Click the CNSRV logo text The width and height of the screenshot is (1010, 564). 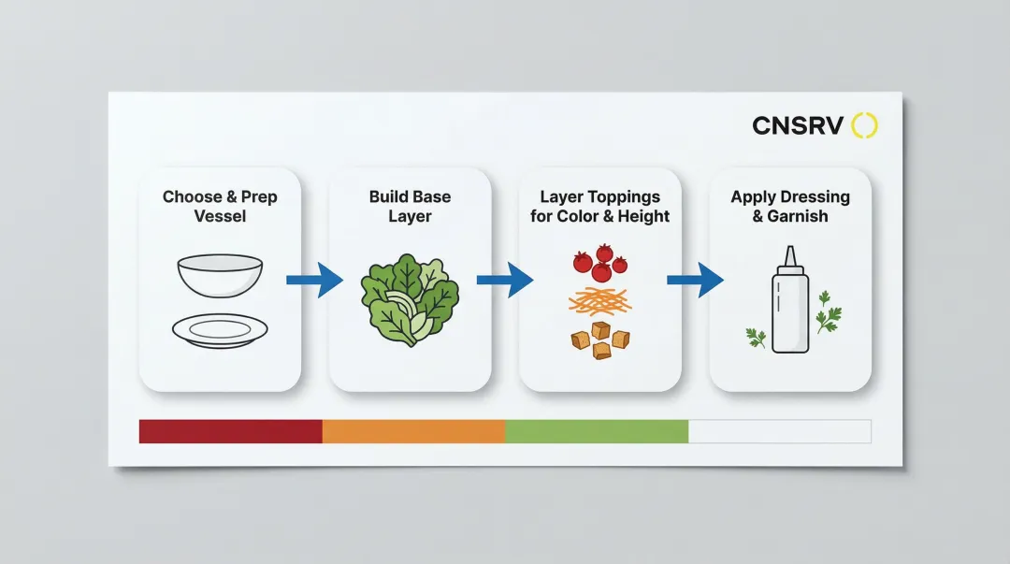pos(798,125)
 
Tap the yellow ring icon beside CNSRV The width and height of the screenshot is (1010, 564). pos(865,125)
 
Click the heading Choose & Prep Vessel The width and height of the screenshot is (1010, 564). pos(220,206)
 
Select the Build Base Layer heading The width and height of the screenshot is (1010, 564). pos(410,206)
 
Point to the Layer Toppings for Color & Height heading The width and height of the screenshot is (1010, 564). pos(599,206)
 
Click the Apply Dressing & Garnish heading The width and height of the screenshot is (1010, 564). pos(790,206)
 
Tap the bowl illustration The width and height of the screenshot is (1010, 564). pos(220,274)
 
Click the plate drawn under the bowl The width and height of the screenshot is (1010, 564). pos(220,329)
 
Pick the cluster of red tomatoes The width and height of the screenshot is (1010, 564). pos(599,262)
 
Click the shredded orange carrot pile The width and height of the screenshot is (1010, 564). pos(599,300)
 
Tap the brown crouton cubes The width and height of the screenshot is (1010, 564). pos(599,340)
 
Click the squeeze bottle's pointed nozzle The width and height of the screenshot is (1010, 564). pos(790,255)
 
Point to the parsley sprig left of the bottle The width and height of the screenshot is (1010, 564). pos(756,337)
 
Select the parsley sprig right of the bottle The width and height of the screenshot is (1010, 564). pos(827,312)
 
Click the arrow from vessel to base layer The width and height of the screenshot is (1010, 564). pos(315,280)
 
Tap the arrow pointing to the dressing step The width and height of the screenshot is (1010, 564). pos(696,280)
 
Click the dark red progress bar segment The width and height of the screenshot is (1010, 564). pos(230,431)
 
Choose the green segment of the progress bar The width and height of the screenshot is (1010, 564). pos(597,431)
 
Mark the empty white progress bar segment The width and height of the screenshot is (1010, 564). pos(779,431)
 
